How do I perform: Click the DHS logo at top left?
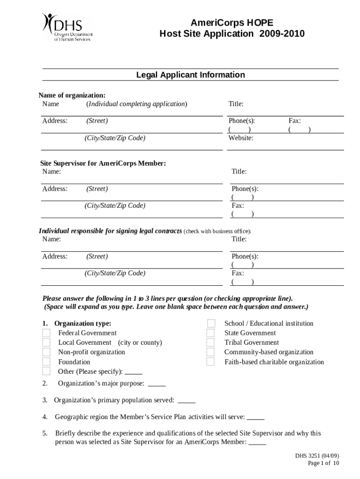tap(67, 28)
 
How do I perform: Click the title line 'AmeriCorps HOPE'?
tap(231, 23)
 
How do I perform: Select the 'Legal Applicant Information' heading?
tap(190, 75)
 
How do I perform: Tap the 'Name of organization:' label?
tap(72, 95)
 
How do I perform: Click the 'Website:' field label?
tap(241, 138)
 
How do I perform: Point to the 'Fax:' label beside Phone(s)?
tap(295, 121)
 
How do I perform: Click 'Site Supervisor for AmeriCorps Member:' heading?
tap(103, 163)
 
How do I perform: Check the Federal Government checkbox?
tap(46, 333)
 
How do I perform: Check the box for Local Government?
tap(46, 342)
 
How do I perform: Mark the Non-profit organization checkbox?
tap(46, 352)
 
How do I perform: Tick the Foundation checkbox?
tap(46, 362)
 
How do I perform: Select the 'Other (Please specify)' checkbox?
tap(46, 371)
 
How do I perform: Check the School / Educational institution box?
tap(211, 324)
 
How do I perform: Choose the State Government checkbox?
tap(211, 333)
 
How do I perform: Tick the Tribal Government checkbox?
tap(211, 342)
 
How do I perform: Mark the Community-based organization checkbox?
tap(211, 352)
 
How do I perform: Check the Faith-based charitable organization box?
tap(211, 362)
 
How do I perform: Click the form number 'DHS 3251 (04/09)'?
tap(317, 455)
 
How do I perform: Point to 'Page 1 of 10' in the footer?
tap(323, 463)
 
